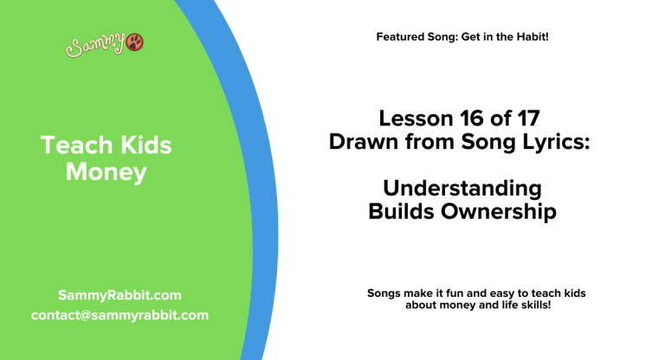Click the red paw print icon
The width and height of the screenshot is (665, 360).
tap(136, 43)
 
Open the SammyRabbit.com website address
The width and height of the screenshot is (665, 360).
tap(119, 295)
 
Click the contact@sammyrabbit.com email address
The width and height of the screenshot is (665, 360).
tap(119, 315)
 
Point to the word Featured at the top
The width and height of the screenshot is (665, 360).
tap(400, 37)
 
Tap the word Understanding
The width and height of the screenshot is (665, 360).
tap(462, 188)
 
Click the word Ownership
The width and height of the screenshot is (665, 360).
tap(502, 211)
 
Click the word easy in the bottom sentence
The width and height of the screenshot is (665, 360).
tap(493, 293)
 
